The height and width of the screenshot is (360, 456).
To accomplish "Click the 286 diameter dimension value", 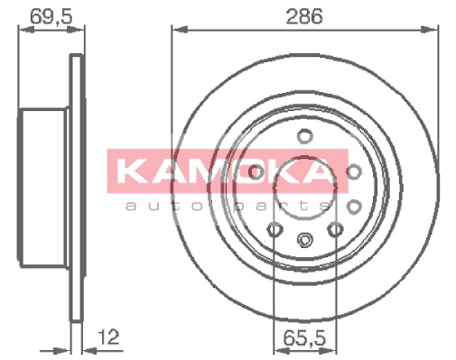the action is pyautogui.click(x=304, y=16).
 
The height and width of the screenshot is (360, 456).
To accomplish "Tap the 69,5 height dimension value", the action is pyautogui.click(x=51, y=16).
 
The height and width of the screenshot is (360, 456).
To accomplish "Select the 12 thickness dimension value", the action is pyautogui.click(x=108, y=337).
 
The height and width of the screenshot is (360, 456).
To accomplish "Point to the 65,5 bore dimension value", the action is pyautogui.click(x=304, y=337).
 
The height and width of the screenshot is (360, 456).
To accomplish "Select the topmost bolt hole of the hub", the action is pyautogui.click(x=304, y=135).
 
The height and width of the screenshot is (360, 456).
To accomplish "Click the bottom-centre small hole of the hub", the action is pyautogui.click(x=304, y=240).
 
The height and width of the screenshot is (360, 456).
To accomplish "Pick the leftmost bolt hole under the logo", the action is pyautogui.click(x=256, y=171).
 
